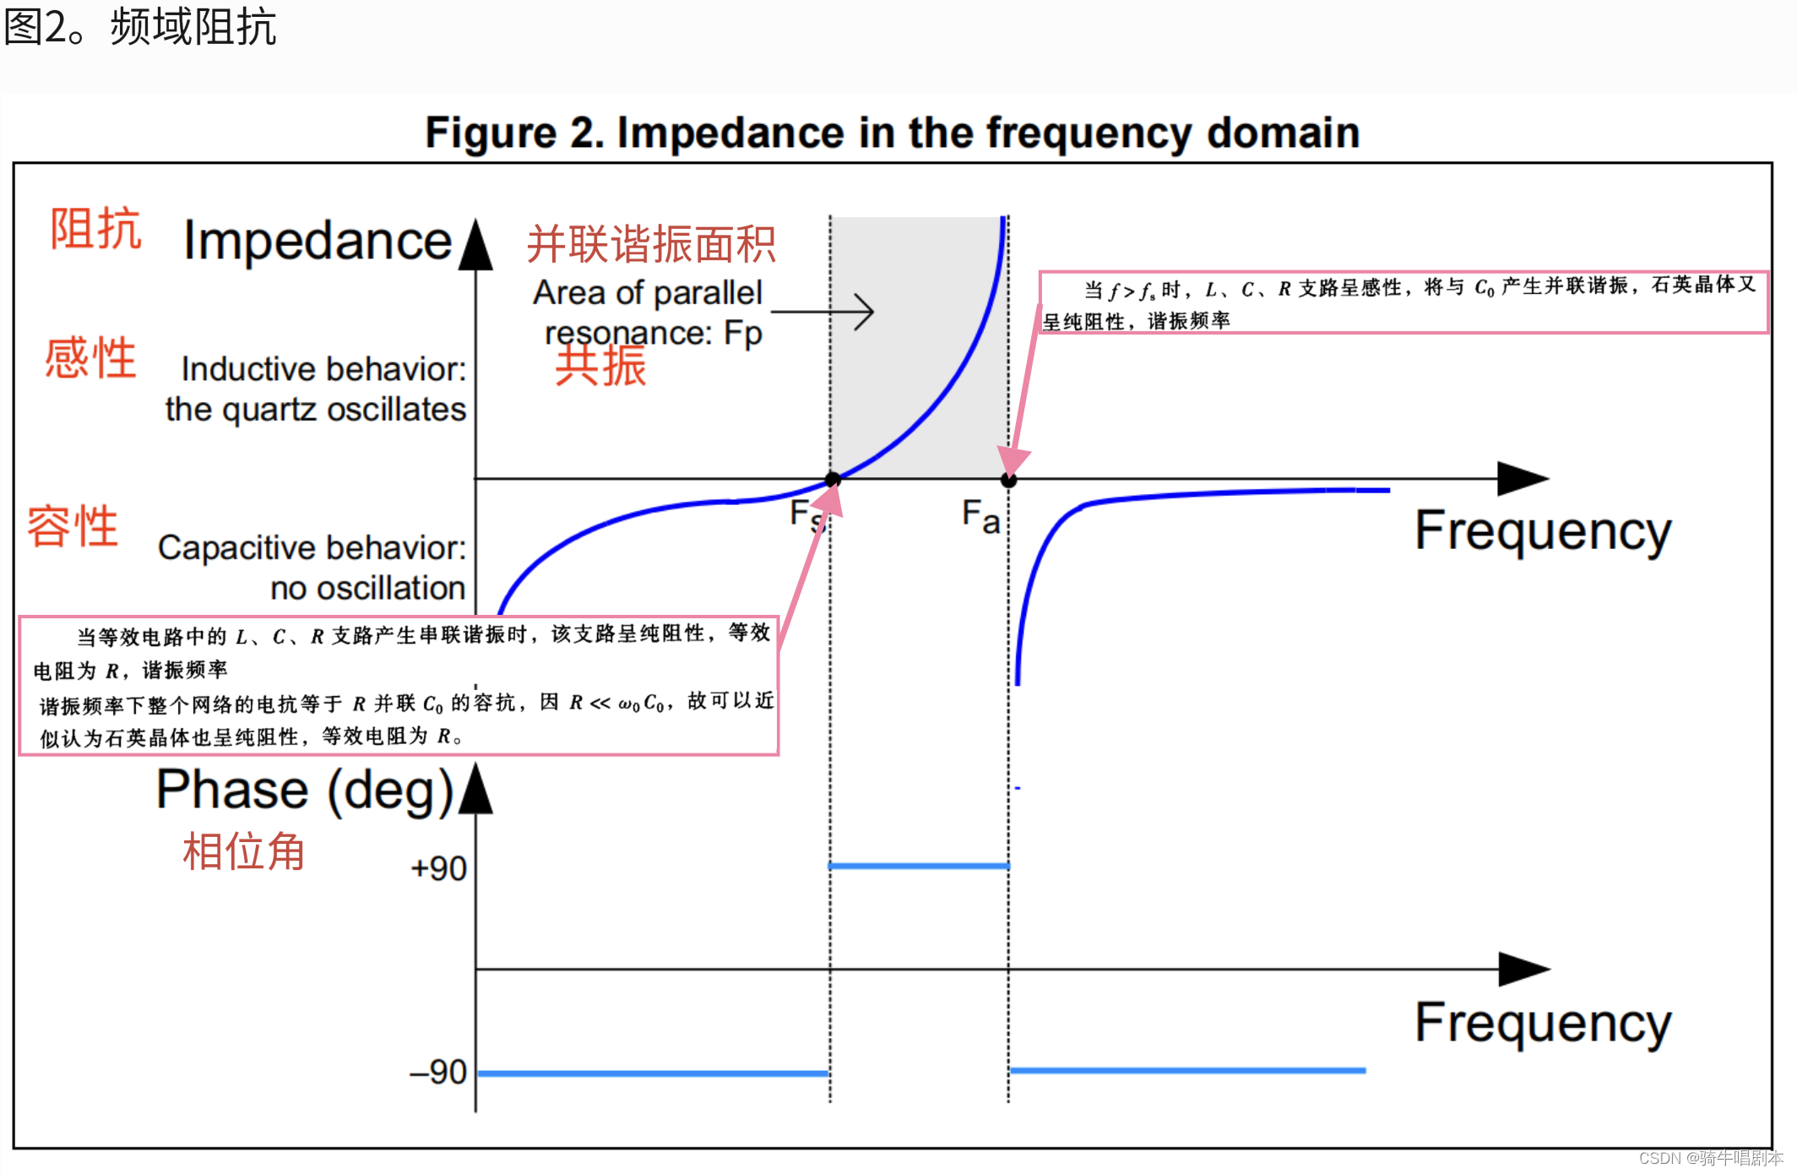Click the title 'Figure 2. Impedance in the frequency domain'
point(892,133)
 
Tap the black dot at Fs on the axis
point(833,480)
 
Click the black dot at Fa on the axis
point(1008,481)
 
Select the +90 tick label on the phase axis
point(438,868)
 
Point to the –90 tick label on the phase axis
point(437,1072)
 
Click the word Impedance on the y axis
point(318,241)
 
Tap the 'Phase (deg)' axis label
point(305,791)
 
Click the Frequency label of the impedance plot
point(1543,531)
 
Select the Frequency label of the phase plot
point(1543,1023)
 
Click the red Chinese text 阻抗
point(95,228)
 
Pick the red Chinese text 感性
point(90,357)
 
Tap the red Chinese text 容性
point(73,526)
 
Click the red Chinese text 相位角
point(243,851)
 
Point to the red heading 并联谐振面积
point(650,244)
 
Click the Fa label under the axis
point(980,515)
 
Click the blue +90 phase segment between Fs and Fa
point(919,866)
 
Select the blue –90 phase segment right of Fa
point(1186,1070)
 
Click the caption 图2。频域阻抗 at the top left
point(140,27)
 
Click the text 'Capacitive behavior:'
point(312,547)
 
